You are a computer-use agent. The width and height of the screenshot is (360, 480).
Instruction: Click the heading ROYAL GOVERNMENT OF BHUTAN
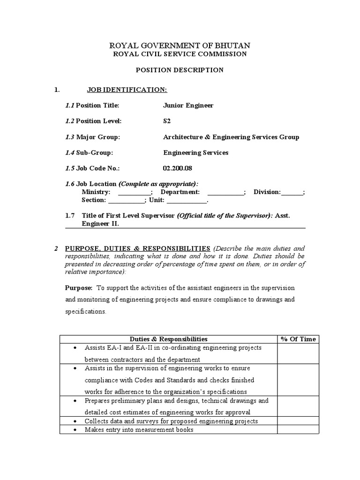pos(180,45)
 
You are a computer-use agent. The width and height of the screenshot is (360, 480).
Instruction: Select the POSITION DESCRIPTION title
pos(180,70)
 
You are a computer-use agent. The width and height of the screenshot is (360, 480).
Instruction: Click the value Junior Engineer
pos(188,105)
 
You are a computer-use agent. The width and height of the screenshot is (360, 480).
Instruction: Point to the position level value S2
pos(167,121)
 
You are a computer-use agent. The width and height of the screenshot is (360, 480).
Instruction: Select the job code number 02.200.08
pos(178,168)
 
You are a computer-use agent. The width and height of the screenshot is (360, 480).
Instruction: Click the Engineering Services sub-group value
pos(195,152)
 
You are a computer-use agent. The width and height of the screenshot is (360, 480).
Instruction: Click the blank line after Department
pos(225,193)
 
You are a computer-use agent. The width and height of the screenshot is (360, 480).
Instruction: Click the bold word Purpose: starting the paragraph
pos(79,288)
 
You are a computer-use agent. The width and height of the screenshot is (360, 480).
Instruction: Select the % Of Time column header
pos(298,339)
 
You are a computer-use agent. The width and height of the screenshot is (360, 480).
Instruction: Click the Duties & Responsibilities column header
pos(168,339)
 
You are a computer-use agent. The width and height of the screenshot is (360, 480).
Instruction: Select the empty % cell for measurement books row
pos(298,430)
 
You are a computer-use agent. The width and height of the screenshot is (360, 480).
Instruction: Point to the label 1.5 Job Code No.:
pos(92,168)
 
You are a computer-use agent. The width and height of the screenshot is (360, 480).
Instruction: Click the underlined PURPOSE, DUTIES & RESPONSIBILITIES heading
pos(137,248)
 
